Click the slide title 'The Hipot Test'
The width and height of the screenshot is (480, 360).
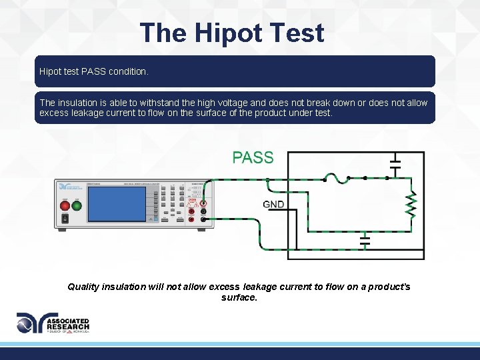pyautogui.click(x=232, y=33)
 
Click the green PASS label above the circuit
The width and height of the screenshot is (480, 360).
pyautogui.click(x=253, y=158)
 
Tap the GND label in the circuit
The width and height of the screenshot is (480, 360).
pyautogui.click(x=273, y=204)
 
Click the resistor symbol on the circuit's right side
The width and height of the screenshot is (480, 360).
pyautogui.click(x=411, y=205)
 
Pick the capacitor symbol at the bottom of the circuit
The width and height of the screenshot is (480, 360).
pyautogui.click(x=365, y=239)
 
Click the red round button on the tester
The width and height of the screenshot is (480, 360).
pyautogui.click(x=65, y=205)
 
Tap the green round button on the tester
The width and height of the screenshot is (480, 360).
pyautogui.click(x=77, y=205)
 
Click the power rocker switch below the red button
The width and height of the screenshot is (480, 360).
pyautogui.click(x=65, y=218)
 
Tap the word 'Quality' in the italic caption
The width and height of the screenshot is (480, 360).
pyautogui.click(x=83, y=287)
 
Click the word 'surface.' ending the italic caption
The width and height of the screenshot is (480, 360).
pyautogui.click(x=239, y=297)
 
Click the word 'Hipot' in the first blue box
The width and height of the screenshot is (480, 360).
pyautogui.click(x=51, y=71)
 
